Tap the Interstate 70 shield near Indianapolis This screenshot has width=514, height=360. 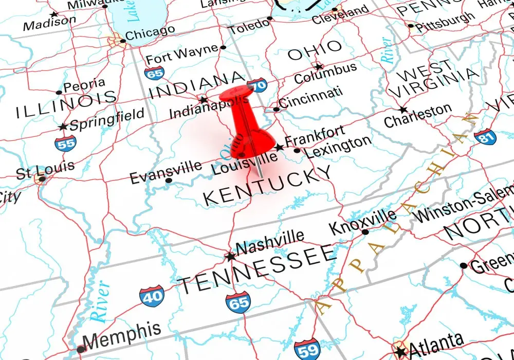tap(256, 85)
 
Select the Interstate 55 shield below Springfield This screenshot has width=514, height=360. tap(65, 142)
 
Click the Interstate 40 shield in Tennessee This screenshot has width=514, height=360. tap(152, 296)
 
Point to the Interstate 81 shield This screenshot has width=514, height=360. tap(485, 136)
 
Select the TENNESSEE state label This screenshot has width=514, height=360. tap(258, 269)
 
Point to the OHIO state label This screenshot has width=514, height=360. tap(315, 50)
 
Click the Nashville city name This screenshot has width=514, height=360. tap(269, 242)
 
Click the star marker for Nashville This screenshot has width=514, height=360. tap(230, 256)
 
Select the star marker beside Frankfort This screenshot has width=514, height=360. tap(279, 148)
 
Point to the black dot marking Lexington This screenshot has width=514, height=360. tap(297, 151)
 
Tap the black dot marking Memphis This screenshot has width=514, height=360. tap(80, 349)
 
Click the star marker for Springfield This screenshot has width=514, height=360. tap(63, 127)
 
